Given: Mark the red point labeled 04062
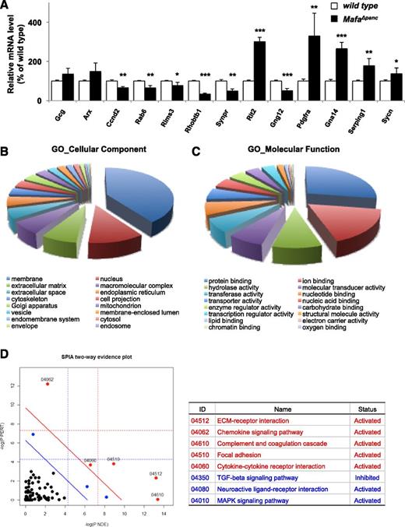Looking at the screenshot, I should [x=48, y=384].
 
